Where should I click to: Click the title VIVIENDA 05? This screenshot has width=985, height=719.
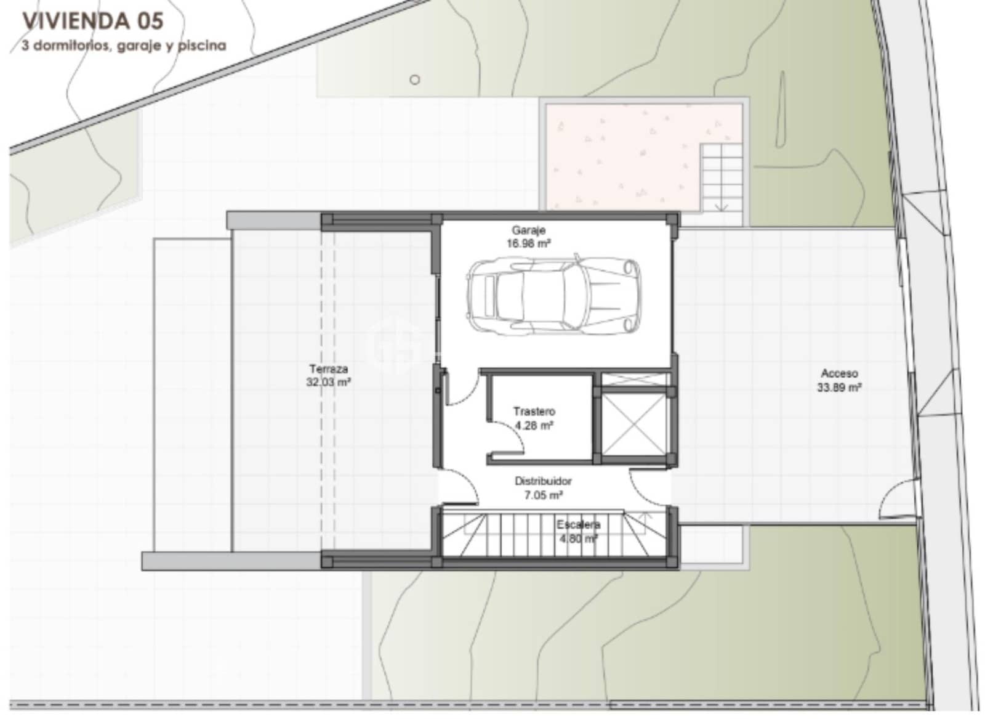click(x=93, y=21)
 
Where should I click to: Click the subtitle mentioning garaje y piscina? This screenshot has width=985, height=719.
click(x=123, y=46)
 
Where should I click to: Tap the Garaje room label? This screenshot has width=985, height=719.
click(x=528, y=230)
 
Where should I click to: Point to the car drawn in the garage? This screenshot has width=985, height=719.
click(x=553, y=295)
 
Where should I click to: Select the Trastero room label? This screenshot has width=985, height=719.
click(x=534, y=411)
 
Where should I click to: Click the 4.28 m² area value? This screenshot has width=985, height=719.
click(x=534, y=425)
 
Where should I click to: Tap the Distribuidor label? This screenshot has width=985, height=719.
click(x=543, y=481)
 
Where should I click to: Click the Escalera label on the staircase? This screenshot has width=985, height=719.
click(x=578, y=525)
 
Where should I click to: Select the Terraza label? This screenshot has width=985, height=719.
click(x=328, y=368)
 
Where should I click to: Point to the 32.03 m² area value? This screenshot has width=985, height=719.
click(x=328, y=382)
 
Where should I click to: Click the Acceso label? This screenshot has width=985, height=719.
click(x=838, y=373)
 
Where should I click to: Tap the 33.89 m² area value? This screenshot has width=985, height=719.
click(x=838, y=388)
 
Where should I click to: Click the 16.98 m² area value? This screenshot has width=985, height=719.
click(x=528, y=243)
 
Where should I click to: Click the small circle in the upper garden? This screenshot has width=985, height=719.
click(x=415, y=79)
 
